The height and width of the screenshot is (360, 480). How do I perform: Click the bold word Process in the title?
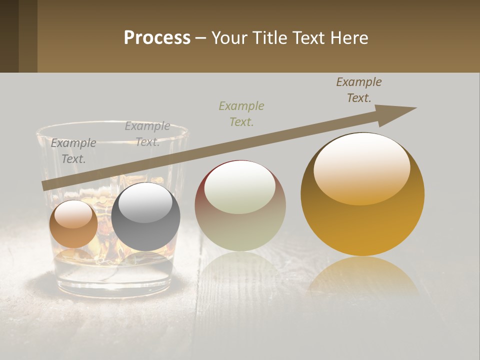point(157,38)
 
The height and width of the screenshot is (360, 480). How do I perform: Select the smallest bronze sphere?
point(73,224)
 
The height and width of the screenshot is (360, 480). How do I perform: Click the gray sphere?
point(145,216)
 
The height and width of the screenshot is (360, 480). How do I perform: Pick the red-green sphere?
point(240,205)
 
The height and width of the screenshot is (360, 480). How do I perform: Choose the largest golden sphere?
point(362,194)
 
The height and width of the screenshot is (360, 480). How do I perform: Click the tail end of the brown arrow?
point(44,186)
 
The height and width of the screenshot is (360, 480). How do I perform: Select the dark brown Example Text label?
point(359,90)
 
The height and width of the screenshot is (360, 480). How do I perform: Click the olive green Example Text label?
point(241,113)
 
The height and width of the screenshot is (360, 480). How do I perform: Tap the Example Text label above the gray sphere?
point(147,134)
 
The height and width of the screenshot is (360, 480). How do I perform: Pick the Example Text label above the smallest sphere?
point(73,151)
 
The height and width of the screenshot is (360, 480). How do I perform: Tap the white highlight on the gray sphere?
point(145,201)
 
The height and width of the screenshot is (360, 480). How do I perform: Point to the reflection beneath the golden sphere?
point(362,275)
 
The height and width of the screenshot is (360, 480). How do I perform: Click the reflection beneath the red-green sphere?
point(240,270)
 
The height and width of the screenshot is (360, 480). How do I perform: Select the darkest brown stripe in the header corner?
point(9,36)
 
